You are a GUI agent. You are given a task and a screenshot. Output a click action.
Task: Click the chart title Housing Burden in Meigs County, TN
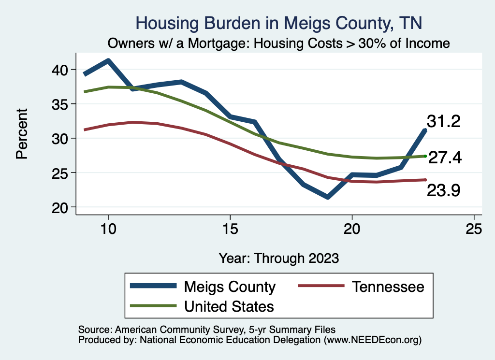coord(279,23)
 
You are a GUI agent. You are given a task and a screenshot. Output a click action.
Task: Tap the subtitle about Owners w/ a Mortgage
coord(279,43)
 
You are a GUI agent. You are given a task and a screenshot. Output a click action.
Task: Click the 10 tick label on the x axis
coord(108,229)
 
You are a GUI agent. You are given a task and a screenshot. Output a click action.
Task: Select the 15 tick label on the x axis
coord(230,229)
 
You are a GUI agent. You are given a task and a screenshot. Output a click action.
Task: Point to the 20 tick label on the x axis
coord(352,229)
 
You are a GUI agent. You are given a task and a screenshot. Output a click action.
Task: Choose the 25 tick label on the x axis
coord(474,229)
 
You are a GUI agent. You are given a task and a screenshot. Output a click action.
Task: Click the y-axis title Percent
coord(21,138)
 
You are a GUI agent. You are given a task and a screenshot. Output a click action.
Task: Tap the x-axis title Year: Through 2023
coord(279,258)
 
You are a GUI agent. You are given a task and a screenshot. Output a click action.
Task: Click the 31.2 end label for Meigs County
coord(443,122)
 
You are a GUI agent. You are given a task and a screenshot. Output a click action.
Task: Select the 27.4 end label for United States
coord(445,158)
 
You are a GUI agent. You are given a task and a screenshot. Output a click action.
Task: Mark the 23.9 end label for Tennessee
coord(443,191)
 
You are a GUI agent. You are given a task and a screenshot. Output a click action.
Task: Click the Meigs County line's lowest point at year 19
coord(328,197)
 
